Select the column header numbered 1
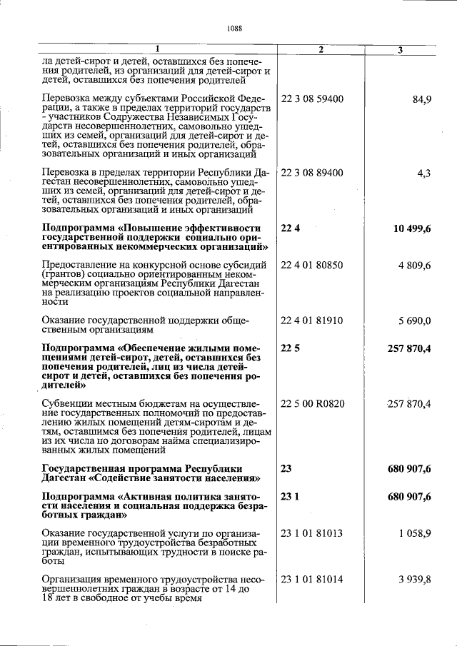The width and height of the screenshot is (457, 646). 158,49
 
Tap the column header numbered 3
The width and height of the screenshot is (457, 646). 400,49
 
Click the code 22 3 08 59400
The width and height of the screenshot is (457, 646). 312,98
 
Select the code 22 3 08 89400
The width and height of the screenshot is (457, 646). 312,173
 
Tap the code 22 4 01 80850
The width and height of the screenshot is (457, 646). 312,266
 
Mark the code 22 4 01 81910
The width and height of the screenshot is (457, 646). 312,321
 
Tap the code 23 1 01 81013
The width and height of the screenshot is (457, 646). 312,535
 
